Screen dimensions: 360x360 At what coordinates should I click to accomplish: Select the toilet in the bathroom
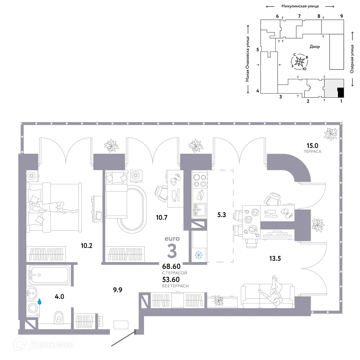[x=58, y=317]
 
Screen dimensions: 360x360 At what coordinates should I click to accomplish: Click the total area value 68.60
[x=171, y=267]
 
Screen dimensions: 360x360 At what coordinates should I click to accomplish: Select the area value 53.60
[x=171, y=279]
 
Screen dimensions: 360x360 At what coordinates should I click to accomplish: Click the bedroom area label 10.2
[x=87, y=246]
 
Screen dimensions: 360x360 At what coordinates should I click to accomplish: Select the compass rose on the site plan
[x=300, y=62]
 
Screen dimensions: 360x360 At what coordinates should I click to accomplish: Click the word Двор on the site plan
[x=314, y=47]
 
